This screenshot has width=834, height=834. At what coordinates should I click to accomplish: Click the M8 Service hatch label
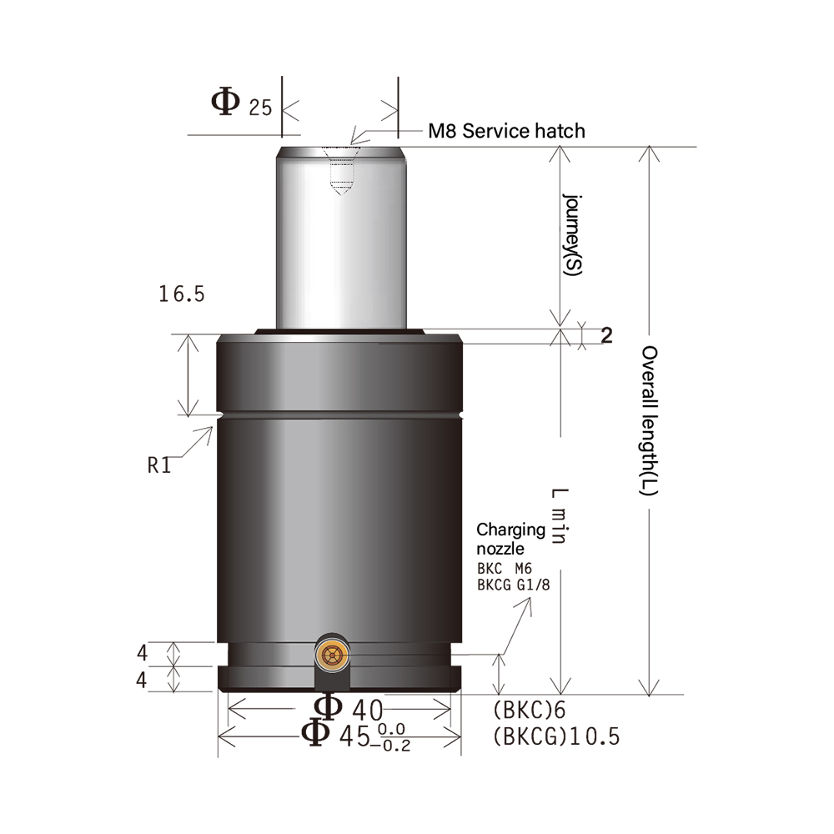coord(506,131)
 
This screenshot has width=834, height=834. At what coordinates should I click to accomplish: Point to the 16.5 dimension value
coord(181,294)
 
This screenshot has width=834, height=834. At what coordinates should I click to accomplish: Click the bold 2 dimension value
coord(606,335)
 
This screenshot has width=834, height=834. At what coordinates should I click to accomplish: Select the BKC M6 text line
coord(510,569)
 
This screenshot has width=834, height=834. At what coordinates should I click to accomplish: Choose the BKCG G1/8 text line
coord(513,585)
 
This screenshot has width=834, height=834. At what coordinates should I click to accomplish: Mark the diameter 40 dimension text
coord(349,710)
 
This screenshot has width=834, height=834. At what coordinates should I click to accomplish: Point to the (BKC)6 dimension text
coord(529,711)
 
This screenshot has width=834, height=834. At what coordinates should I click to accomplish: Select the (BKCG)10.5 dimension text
coord(555,737)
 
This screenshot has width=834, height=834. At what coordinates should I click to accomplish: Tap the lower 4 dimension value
coord(142,680)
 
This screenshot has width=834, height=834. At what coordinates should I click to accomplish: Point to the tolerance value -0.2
coord(394,745)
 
